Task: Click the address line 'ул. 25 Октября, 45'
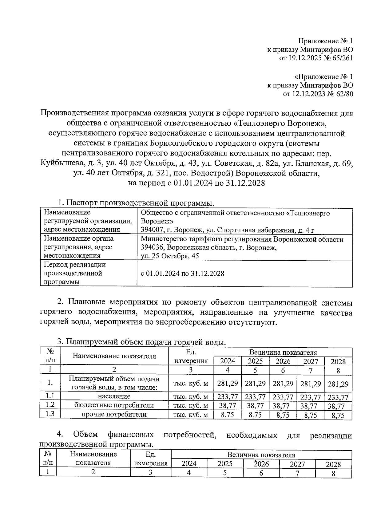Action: click(x=170, y=256)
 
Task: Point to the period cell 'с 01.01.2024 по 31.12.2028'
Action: click(x=182, y=274)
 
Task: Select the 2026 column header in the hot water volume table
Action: click(x=283, y=361)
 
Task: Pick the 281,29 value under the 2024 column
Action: click(x=228, y=383)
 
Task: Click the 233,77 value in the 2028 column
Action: click(x=338, y=397)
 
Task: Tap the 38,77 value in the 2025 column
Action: click(x=255, y=406)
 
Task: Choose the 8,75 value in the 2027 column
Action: click(x=311, y=415)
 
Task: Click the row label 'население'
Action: click(x=114, y=396)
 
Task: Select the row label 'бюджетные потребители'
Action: click(x=114, y=405)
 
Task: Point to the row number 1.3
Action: click(x=50, y=414)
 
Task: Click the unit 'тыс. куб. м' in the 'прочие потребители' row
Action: click(x=191, y=415)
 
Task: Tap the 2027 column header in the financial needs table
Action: click(x=297, y=464)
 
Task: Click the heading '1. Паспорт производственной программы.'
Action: click(x=136, y=203)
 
